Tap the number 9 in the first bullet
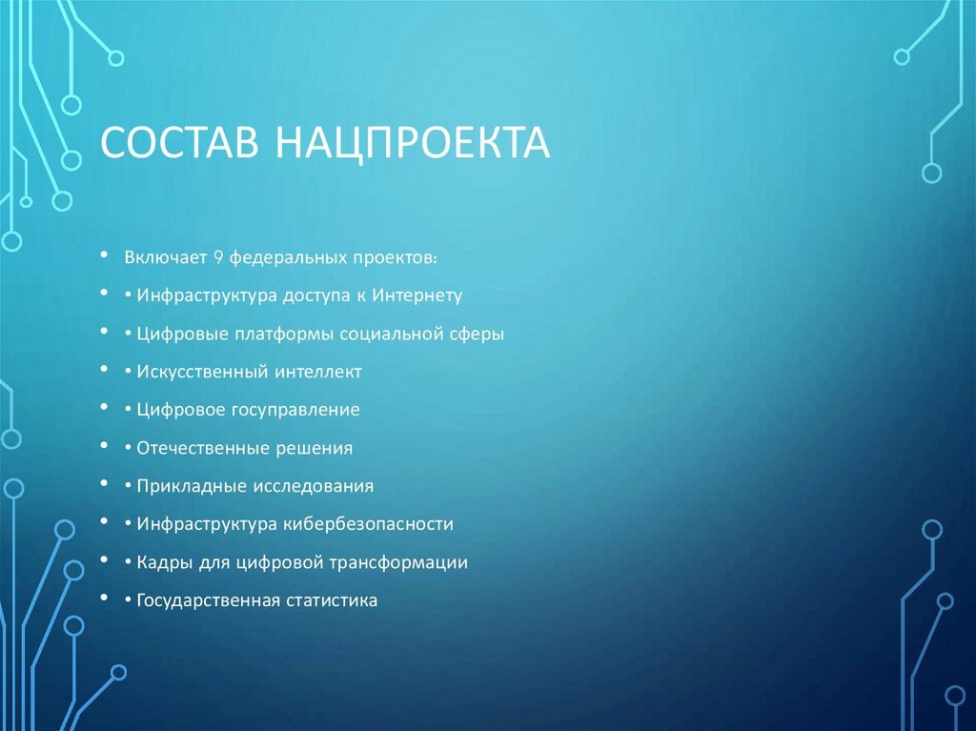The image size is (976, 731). pyautogui.click(x=217, y=257)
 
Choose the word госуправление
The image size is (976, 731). pyautogui.click(x=294, y=410)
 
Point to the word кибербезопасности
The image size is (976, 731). pyautogui.click(x=367, y=524)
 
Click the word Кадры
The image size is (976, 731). pyautogui.click(x=163, y=562)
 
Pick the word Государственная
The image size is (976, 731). pyautogui.click(x=207, y=600)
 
